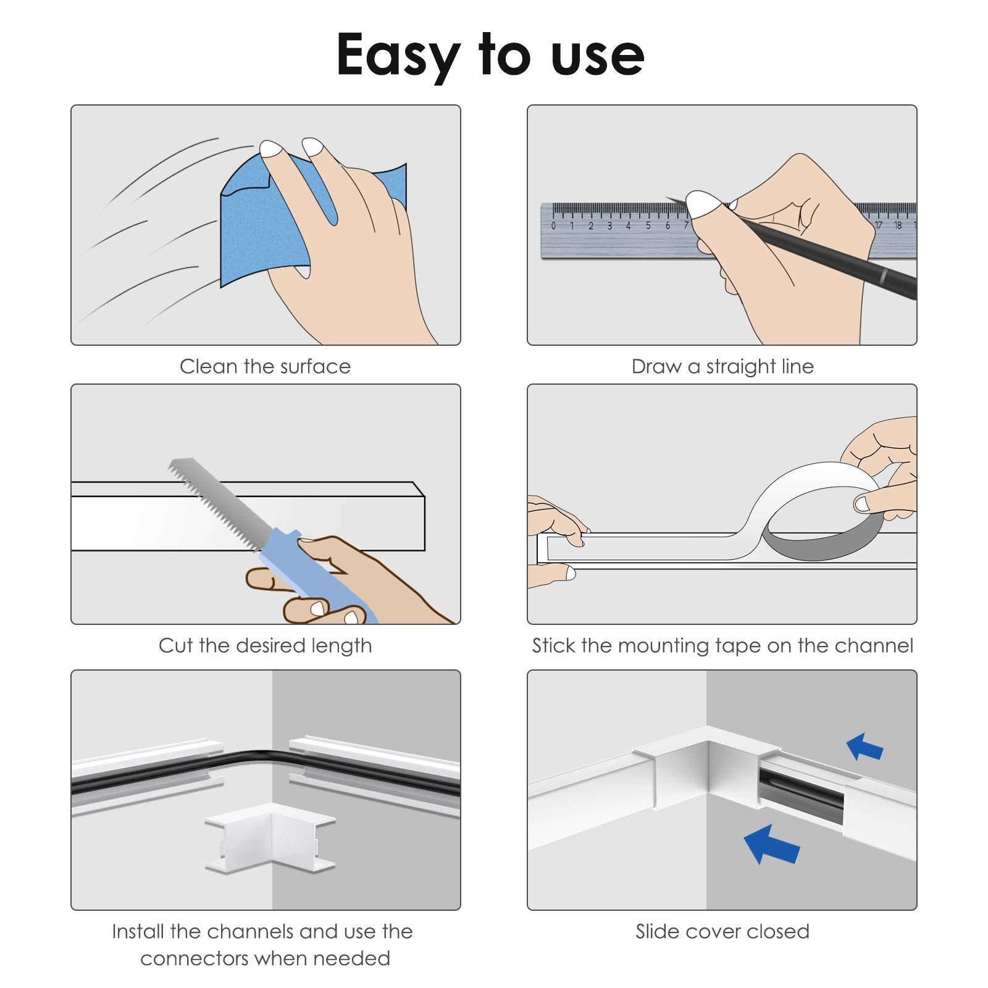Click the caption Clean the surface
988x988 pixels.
[266, 367]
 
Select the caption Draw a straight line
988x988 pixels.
[722, 367]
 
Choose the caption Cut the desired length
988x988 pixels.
[266, 646]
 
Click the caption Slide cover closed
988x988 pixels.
[722, 931]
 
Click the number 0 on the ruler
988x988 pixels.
[553, 226]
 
